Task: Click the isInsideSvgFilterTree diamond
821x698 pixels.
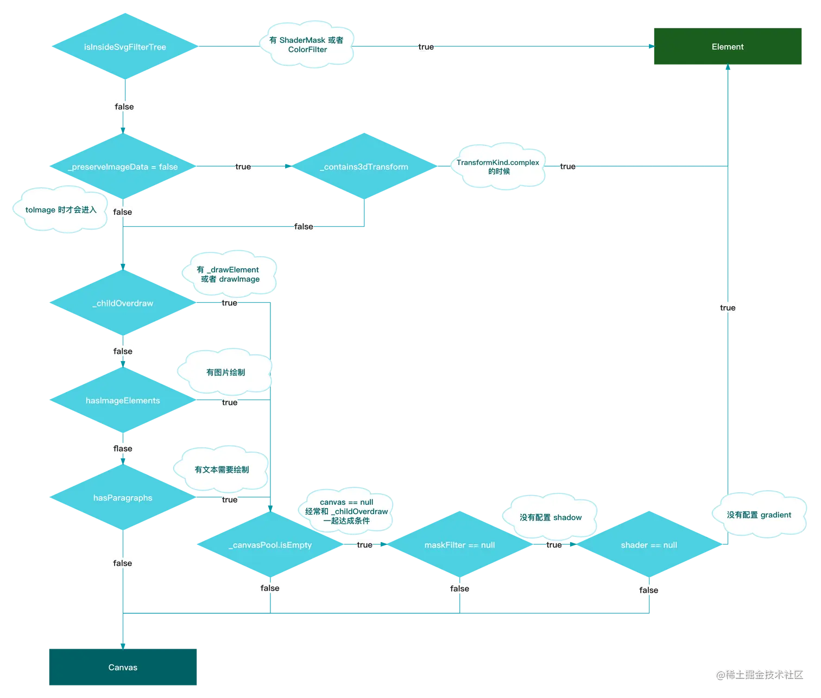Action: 125,47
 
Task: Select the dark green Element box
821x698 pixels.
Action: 727,47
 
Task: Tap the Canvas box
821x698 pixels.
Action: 123,667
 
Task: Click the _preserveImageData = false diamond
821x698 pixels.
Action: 123,167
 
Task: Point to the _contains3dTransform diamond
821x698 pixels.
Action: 364,167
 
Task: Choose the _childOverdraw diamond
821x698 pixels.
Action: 123,303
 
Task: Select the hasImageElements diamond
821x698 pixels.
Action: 123,400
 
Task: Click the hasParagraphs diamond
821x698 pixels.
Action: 123,498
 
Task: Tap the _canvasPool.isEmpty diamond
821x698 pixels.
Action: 270,545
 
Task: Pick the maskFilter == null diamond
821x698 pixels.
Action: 459,545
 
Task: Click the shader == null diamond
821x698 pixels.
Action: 649,545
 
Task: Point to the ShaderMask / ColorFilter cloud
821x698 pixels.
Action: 306,45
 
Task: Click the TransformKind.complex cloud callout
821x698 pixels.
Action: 498,167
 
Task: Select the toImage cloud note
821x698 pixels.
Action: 60,210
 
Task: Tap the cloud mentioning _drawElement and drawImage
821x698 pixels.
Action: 229,274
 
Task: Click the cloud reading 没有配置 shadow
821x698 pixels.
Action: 550,517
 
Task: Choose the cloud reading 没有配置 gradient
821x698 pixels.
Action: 759,515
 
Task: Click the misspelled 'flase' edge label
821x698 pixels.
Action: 123,448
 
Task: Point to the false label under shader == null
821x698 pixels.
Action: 649,590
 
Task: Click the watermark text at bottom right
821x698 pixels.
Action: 759,675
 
